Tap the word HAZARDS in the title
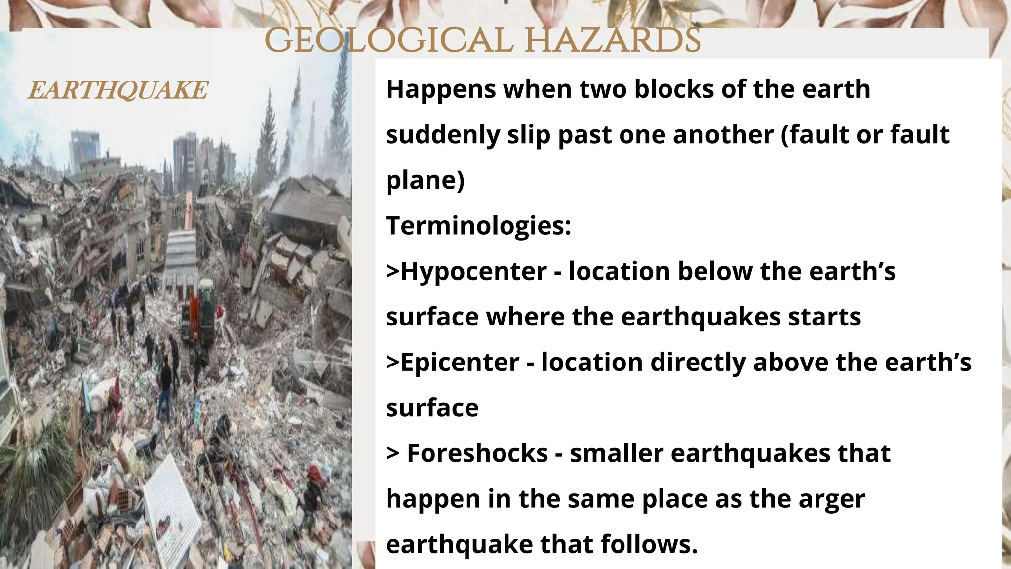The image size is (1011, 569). (x=612, y=40)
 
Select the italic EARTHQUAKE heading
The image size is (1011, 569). (x=118, y=90)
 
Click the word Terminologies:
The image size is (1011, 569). (x=478, y=226)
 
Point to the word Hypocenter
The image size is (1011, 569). (x=473, y=271)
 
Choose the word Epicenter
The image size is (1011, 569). (x=460, y=362)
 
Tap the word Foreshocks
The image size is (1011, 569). (x=477, y=453)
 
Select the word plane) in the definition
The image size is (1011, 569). (x=425, y=180)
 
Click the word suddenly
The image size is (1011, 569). (x=443, y=135)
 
